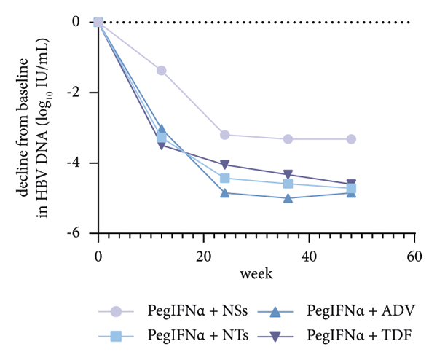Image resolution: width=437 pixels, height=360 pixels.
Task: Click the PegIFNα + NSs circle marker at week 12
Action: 162,71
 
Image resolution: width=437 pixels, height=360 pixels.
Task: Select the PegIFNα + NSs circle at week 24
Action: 225,135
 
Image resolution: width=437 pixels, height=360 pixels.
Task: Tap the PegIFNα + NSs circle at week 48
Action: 351,139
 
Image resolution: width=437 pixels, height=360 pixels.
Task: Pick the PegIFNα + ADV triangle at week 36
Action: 288,197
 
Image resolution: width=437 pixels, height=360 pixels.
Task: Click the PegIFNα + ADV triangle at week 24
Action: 225,192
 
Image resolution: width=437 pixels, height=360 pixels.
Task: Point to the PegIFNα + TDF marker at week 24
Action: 225,165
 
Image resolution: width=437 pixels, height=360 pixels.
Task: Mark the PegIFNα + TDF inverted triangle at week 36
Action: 288,175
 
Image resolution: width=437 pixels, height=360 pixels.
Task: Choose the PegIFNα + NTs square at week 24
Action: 225,178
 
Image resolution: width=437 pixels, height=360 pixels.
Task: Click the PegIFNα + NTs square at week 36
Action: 288,184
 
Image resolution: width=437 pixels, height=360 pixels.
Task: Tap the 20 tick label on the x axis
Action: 203,257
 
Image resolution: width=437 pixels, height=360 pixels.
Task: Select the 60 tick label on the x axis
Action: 414,257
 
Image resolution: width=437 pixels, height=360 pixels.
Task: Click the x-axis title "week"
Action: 256,274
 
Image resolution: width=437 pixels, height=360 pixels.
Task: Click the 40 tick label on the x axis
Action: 309,257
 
